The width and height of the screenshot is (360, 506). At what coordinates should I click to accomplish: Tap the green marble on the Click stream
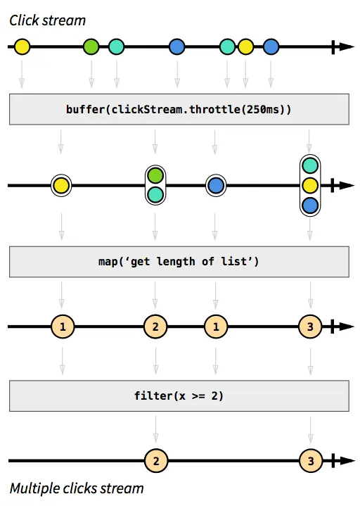click(91, 47)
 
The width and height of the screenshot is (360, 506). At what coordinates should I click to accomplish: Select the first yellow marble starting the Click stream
click(22, 47)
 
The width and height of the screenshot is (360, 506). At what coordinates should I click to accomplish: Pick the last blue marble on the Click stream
click(271, 47)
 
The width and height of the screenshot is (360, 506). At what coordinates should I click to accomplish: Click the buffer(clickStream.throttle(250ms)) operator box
click(179, 109)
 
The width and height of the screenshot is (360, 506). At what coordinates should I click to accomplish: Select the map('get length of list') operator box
click(179, 262)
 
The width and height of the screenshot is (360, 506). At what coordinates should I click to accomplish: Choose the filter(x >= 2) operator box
click(179, 396)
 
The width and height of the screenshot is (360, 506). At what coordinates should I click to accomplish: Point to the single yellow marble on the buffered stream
click(62, 186)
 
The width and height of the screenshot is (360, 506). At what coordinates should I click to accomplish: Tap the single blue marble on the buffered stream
click(216, 186)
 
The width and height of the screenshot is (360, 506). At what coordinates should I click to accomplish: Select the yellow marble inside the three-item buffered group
click(310, 186)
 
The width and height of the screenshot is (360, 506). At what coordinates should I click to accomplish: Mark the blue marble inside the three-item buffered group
click(310, 205)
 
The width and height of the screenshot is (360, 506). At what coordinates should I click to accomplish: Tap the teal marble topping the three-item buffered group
click(310, 166)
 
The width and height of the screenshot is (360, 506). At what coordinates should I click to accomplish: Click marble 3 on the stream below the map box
click(310, 327)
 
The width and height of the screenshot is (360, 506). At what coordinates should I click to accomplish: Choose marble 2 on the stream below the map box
click(155, 327)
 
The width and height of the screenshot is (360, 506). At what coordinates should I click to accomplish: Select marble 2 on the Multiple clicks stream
click(155, 461)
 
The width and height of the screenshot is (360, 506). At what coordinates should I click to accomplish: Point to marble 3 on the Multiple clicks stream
click(310, 461)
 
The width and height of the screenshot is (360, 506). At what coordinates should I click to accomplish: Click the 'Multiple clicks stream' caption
click(77, 488)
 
